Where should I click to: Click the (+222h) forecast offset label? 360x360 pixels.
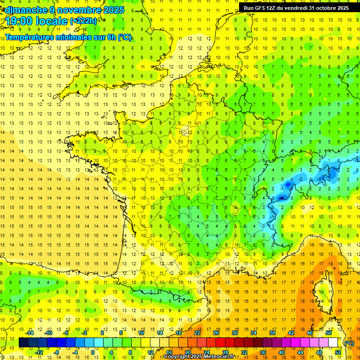click(83, 21)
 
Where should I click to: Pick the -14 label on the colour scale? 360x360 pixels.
click(30, 333)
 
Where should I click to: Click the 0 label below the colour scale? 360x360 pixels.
click(93, 352)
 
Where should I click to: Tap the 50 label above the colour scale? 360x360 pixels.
click(329, 333)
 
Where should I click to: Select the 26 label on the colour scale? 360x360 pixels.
click(216, 333)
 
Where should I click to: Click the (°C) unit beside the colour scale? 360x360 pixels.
click(349, 343)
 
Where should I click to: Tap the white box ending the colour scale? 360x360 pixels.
click(333, 343)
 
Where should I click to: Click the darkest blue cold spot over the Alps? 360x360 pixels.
click(282, 198)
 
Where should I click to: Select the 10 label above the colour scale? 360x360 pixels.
click(141, 333)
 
